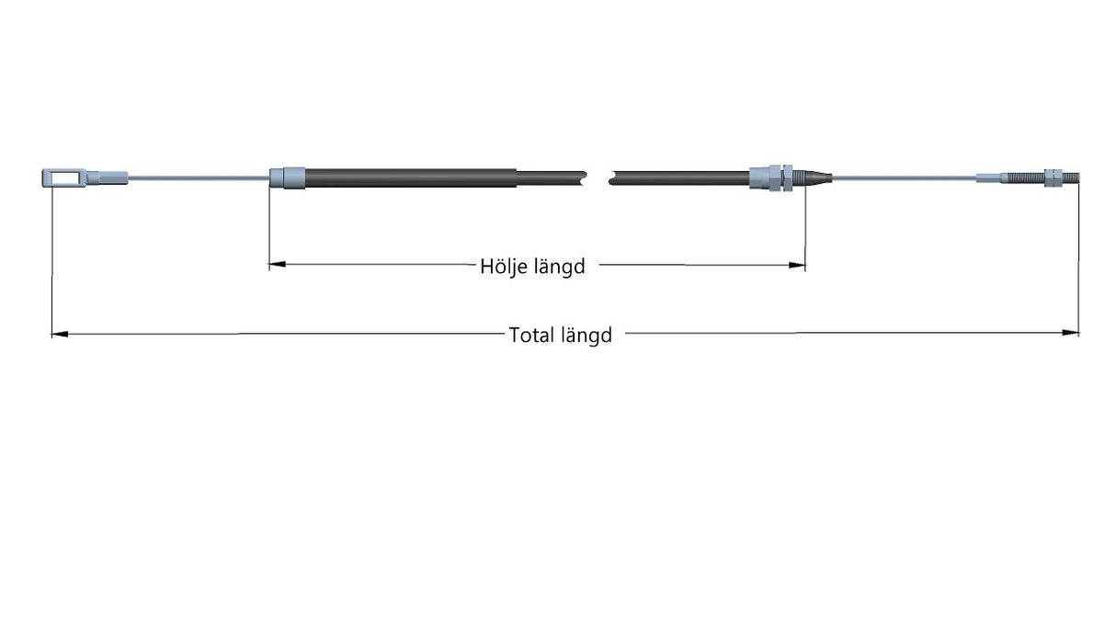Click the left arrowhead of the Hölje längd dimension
(x=277, y=264)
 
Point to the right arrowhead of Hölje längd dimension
(x=797, y=265)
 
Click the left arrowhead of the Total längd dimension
(x=60, y=334)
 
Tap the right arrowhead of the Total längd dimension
(x=1071, y=333)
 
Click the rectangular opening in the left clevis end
(x=66, y=177)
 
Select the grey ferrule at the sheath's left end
(x=288, y=178)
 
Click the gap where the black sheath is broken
(x=598, y=178)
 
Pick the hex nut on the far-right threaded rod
(x=1053, y=177)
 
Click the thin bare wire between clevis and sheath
(x=199, y=177)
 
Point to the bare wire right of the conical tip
(x=904, y=177)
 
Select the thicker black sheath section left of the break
(x=411, y=178)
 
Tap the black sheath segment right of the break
(x=679, y=178)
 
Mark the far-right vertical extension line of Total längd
(x=1079, y=259)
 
